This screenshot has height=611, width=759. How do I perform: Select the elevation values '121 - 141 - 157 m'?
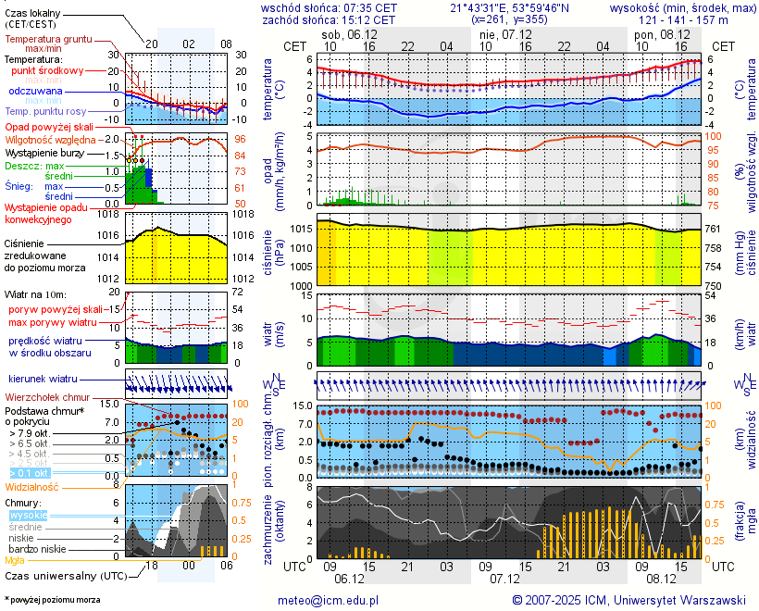pos(684,19)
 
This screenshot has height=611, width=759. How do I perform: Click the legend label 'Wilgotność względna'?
pos(51,139)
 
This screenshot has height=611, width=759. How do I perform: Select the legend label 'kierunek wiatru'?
pos(43,380)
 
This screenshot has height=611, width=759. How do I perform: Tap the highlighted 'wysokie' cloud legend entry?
pos(27,514)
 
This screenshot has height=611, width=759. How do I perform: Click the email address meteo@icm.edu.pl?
pos(329,600)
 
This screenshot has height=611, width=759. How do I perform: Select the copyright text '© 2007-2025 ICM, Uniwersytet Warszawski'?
pos(628,600)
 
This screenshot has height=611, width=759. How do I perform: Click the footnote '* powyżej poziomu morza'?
pos(52,600)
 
